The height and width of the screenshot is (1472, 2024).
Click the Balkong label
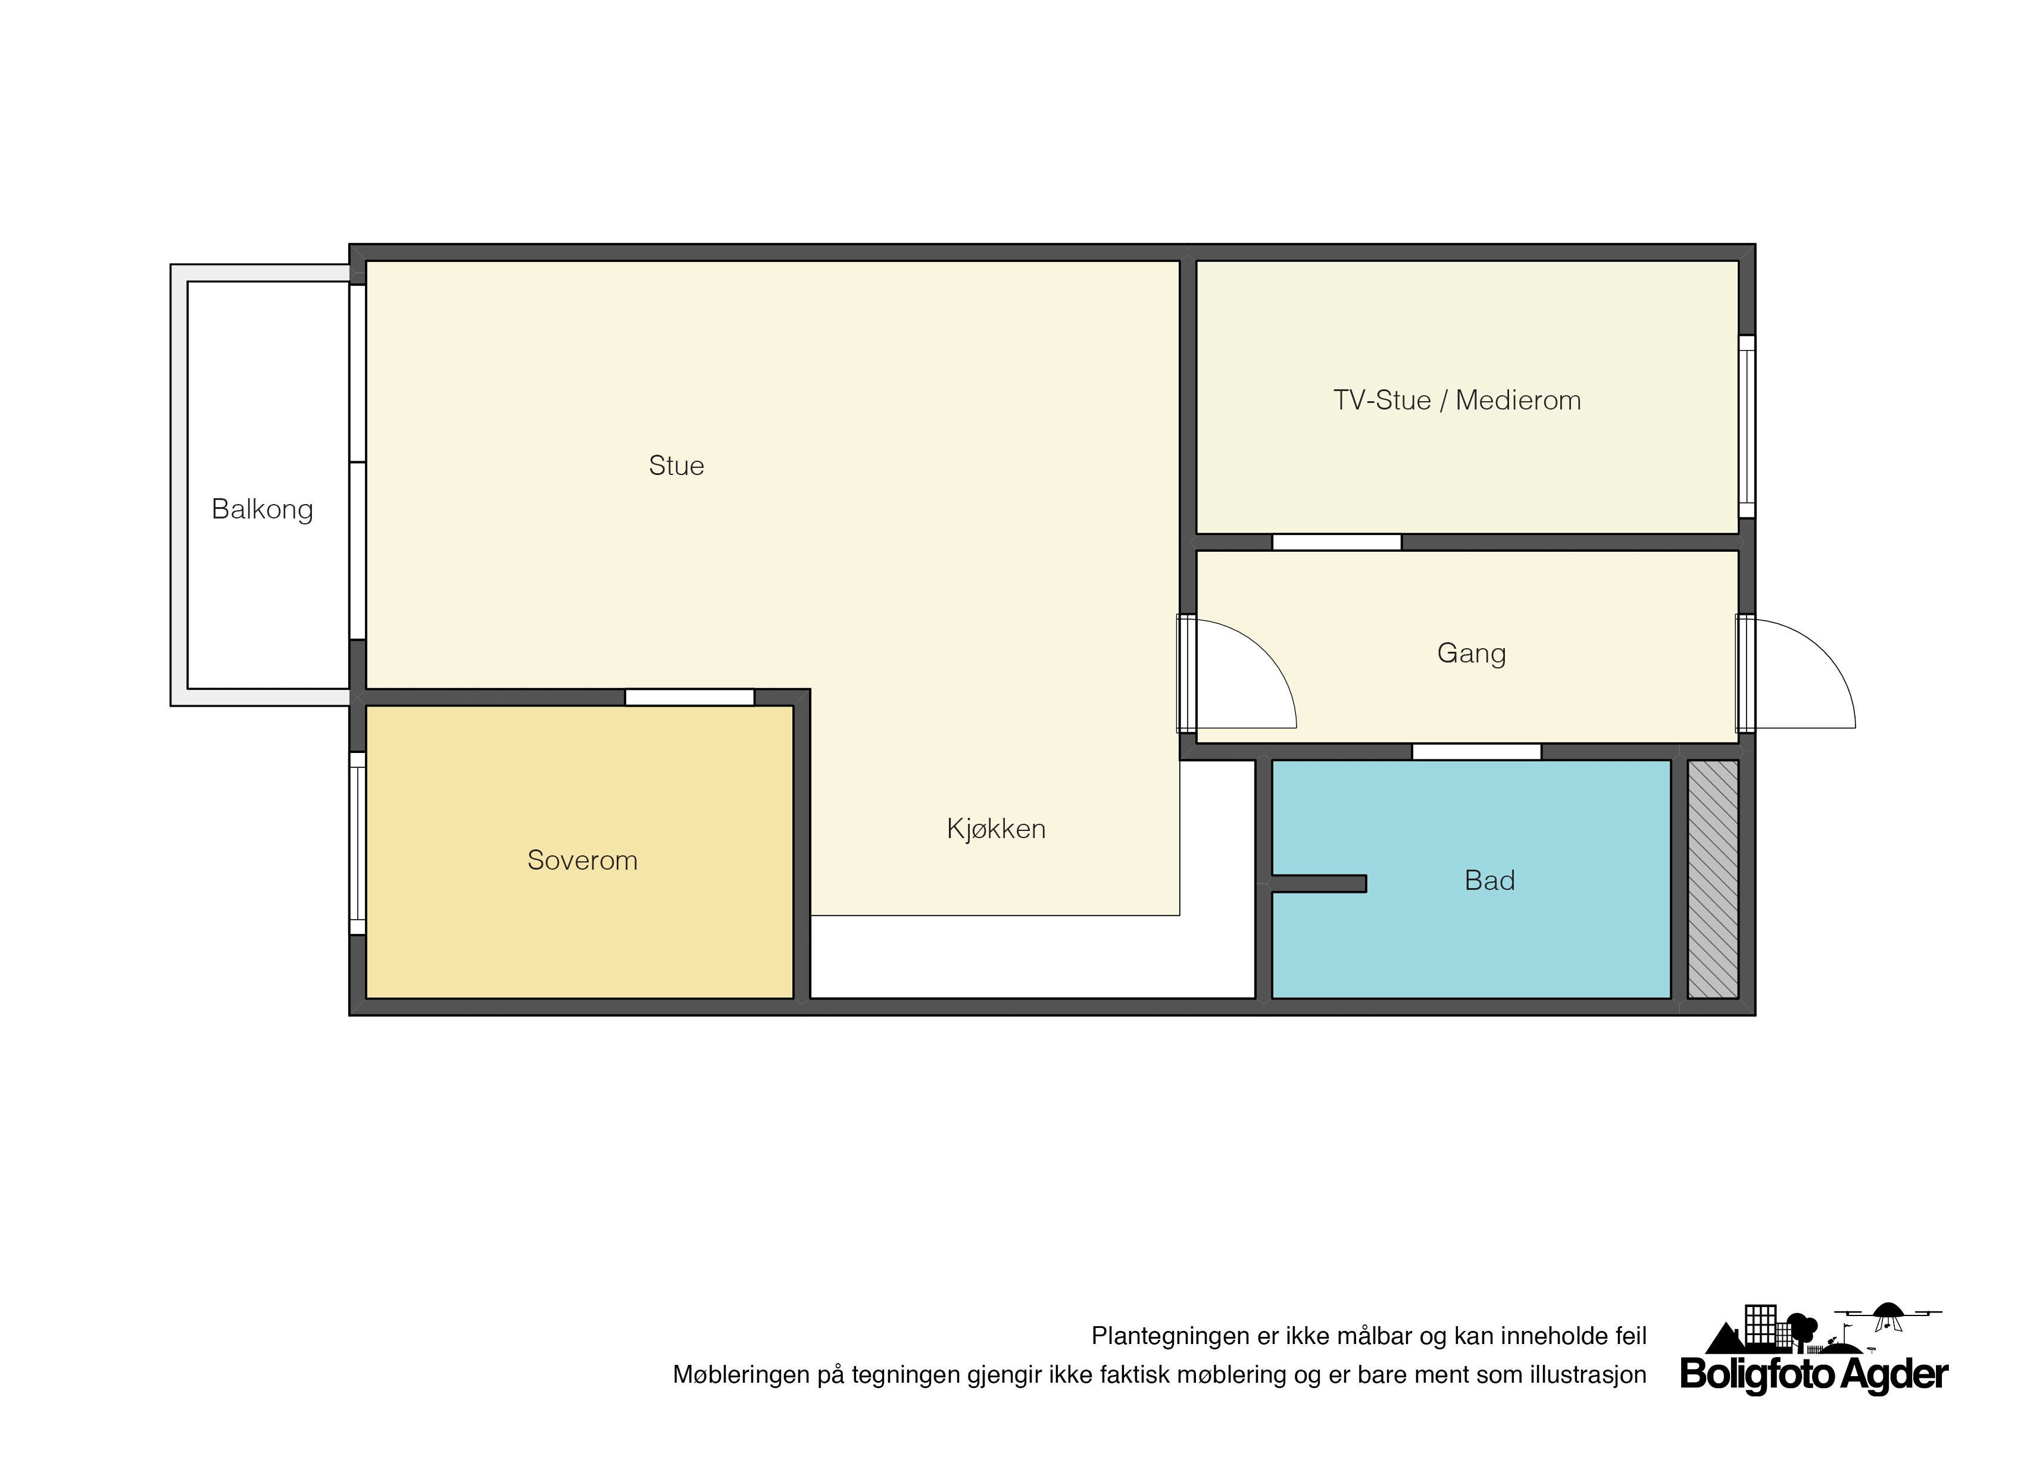pyautogui.click(x=263, y=510)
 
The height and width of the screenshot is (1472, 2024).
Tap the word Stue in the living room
pyautogui.click(x=676, y=465)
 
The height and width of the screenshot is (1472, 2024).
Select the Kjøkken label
pyautogui.click(x=996, y=829)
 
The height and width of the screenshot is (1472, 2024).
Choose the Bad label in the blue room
pyautogui.click(x=1489, y=880)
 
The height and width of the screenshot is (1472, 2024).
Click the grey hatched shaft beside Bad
pyautogui.click(x=1713, y=879)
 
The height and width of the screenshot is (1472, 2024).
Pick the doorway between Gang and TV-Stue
pyautogui.click(x=1337, y=542)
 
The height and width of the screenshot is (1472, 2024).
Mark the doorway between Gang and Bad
pyautogui.click(x=1476, y=752)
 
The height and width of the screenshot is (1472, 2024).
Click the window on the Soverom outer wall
pyautogui.click(x=357, y=843)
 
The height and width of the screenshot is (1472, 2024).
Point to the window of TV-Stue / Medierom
pyautogui.click(x=1747, y=426)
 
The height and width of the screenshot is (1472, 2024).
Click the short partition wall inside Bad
pyautogui.click(x=1318, y=883)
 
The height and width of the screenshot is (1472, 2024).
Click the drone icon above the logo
pyautogui.click(x=1888, y=1315)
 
